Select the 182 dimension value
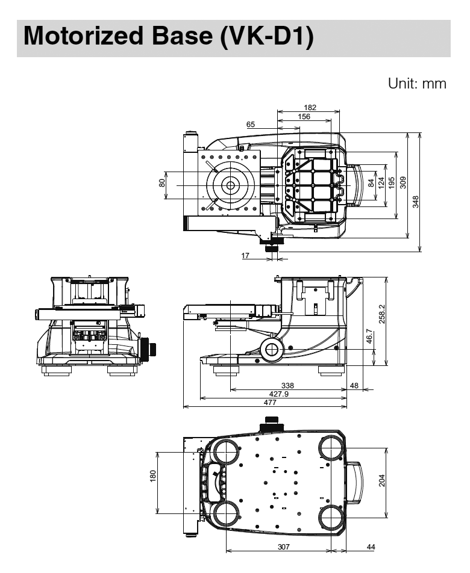point(310,107)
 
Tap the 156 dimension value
point(304,117)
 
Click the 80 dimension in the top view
point(161,182)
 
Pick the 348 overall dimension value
point(415,202)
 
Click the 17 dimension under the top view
point(246,256)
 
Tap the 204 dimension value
point(381,480)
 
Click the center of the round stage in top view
point(228,185)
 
